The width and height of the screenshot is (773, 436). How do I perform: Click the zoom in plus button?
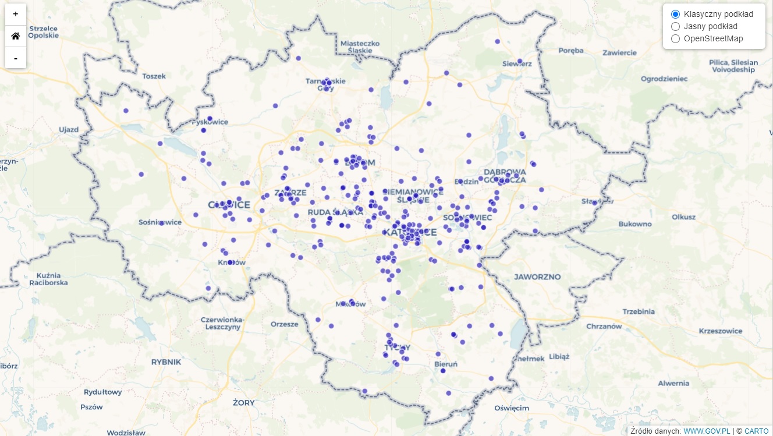click(x=16, y=14)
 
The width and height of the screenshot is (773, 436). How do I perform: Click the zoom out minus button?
click(x=16, y=58)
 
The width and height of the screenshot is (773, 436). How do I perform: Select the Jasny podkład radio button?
click(x=675, y=26)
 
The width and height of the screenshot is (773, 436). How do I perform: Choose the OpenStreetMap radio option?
click(x=675, y=39)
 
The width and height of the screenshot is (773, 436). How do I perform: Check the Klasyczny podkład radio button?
click(x=675, y=14)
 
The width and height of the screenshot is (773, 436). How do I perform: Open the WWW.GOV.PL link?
click(x=707, y=431)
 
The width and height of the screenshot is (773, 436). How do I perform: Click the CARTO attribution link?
click(x=756, y=431)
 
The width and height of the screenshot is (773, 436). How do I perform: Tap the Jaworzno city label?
click(x=537, y=277)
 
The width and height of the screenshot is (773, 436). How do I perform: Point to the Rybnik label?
click(x=166, y=361)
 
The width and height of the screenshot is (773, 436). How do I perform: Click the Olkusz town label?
click(x=684, y=217)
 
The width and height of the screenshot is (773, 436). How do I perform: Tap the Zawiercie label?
click(x=620, y=52)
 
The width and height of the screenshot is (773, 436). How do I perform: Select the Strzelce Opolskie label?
click(x=44, y=31)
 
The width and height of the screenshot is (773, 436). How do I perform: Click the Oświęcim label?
click(x=512, y=408)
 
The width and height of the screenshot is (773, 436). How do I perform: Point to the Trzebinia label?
click(x=639, y=311)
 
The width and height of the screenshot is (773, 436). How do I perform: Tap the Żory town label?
click(x=243, y=402)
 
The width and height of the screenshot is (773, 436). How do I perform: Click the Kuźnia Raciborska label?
click(x=48, y=279)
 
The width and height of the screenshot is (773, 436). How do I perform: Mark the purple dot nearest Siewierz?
click(x=497, y=41)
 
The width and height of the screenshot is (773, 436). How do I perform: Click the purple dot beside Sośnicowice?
click(x=162, y=223)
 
